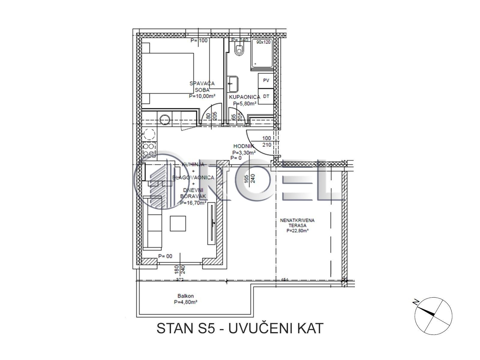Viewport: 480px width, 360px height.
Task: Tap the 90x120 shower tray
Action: [262, 54]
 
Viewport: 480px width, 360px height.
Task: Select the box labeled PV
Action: [266, 80]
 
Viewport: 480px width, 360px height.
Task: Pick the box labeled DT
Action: [266, 96]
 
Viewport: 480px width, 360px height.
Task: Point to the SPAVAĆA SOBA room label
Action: [202, 87]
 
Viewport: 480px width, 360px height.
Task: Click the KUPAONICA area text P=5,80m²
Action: [244, 103]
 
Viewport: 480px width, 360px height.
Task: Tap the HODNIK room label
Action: [244, 146]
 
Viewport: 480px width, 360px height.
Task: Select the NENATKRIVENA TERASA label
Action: [297, 223]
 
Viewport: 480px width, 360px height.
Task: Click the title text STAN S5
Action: [186, 328]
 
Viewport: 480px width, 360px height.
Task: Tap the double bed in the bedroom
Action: [168, 73]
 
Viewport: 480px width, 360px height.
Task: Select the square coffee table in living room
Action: [178, 223]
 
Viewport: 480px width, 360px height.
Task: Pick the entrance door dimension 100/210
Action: [266, 142]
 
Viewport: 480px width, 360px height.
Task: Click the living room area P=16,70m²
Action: [193, 203]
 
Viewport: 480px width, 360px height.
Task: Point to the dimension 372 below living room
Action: [180, 280]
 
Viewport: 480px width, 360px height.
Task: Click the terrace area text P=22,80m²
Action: [297, 231]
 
